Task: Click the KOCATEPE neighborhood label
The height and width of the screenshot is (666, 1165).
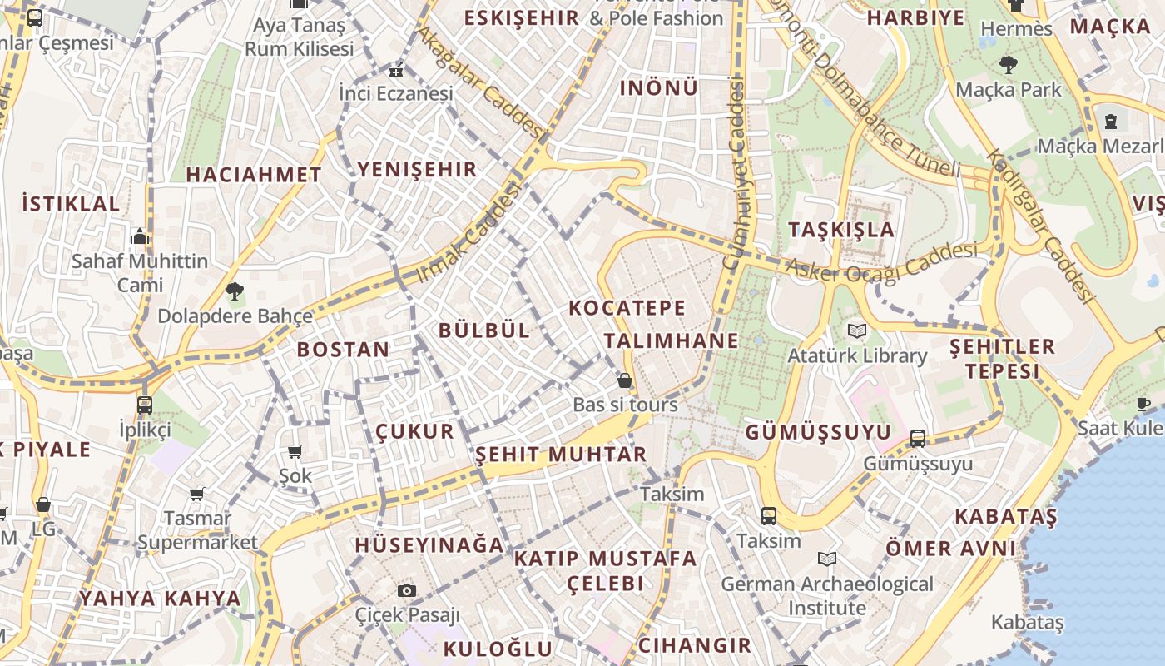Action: (x=627, y=308)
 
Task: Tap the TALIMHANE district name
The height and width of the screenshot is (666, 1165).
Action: (x=671, y=340)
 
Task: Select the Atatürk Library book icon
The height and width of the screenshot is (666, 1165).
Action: (x=856, y=331)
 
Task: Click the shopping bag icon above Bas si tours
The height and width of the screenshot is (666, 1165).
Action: (x=625, y=380)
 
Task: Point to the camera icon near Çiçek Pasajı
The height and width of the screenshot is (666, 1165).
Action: (x=407, y=590)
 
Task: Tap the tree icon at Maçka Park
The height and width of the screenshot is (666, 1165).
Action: (x=1009, y=64)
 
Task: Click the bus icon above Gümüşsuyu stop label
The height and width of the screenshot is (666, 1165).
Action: (x=918, y=438)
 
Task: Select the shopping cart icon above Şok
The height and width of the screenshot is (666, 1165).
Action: (x=295, y=451)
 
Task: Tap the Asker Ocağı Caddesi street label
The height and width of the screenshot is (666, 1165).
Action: (x=882, y=262)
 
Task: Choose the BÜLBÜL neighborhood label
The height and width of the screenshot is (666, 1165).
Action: (x=483, y=330)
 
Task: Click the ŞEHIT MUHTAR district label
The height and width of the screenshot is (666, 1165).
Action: (x=560, y=455)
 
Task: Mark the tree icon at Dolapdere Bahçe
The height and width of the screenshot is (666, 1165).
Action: (x=235, y=291)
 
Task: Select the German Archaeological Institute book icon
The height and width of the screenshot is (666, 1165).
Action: (x=827, y=559)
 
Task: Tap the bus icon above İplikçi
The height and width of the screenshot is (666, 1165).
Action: (x=145, y=405)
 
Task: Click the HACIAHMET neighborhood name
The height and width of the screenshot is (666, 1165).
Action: (x=253, y=175)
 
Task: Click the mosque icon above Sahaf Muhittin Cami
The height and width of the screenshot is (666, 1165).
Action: (x=140, y=236)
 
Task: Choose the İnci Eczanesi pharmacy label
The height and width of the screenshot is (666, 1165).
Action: (x=395, y=93)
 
